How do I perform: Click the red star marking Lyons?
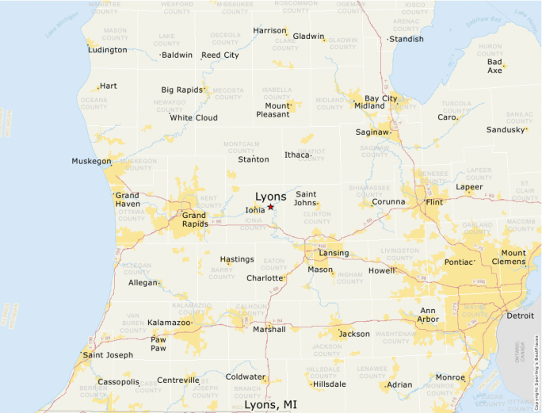[x=270, y=207]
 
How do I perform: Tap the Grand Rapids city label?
[x=194, y=219]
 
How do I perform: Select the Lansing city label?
[x=334, y=253]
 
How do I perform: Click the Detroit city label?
[x=521, y=315]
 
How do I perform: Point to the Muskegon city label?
[x=91, y=161]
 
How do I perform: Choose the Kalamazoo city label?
[x=169, y=323]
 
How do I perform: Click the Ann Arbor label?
[x=428, y=315]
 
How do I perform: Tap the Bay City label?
[x=380, y=98]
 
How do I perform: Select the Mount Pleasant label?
[x=273, y=110]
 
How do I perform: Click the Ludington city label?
[x=109, y=50]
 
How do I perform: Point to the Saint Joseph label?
[x=108, y=354]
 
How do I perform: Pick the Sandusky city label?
[x=506, y=129]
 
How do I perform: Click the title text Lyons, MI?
[x=270, y=404]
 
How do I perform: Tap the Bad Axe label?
[x=494, y=66]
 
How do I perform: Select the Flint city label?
[x=433, y=202]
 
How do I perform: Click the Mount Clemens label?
[x=513, y=258]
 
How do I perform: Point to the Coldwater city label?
[x=245, y=377]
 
